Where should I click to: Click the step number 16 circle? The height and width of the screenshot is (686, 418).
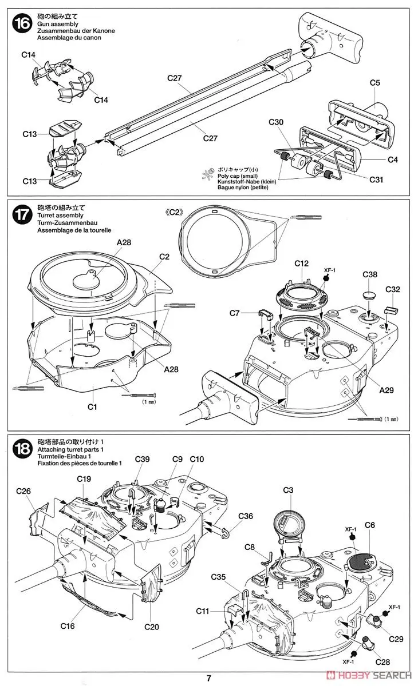coord(22,25)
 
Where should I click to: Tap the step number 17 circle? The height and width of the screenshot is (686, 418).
coord(22,217)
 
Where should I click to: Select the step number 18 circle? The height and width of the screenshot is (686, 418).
coord(22,448)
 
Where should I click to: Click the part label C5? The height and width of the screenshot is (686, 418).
coord(375,83)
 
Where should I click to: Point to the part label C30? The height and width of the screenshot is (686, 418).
coord(276,121)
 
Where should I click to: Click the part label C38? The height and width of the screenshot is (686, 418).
coord(370,274)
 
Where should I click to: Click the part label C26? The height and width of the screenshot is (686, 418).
coord(23,491)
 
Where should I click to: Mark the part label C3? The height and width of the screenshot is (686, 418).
coord(288,490)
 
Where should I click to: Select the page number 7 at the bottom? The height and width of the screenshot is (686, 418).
coord(209,678)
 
